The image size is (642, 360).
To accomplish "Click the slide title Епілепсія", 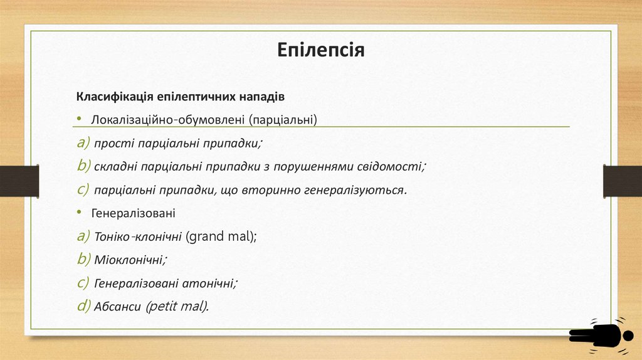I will point(321,50).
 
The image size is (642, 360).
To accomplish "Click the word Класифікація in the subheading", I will point(112,97).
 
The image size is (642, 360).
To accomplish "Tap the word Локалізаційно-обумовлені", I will point(168,119).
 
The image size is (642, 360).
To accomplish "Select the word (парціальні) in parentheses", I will point(282,119).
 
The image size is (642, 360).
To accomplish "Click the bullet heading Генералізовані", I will point(133,213).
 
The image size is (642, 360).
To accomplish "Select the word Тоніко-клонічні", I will point(139,236).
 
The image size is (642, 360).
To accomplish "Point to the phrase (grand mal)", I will point(222,236).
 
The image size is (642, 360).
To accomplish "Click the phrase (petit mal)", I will point(177,306).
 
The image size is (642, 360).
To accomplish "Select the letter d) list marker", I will point(83,305).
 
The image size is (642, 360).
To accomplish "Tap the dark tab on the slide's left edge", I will point(19,181).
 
